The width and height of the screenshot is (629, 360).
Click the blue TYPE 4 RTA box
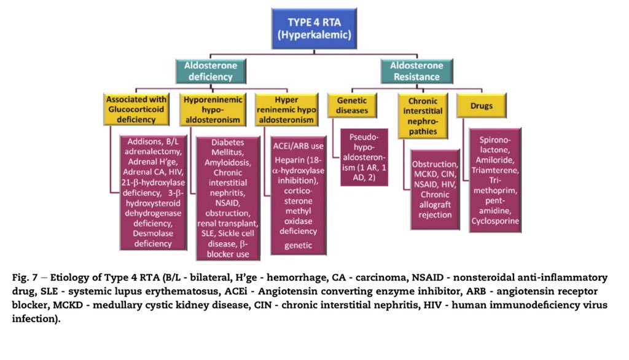pos(314,28)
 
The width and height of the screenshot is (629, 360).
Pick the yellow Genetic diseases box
pos(352,106)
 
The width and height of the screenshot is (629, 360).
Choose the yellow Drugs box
pos(482,106)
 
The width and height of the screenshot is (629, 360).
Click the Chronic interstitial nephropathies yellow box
pos(422,115)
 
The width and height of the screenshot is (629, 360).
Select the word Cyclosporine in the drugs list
pos(494,221)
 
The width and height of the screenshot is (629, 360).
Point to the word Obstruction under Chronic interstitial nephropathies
pos(435,164)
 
